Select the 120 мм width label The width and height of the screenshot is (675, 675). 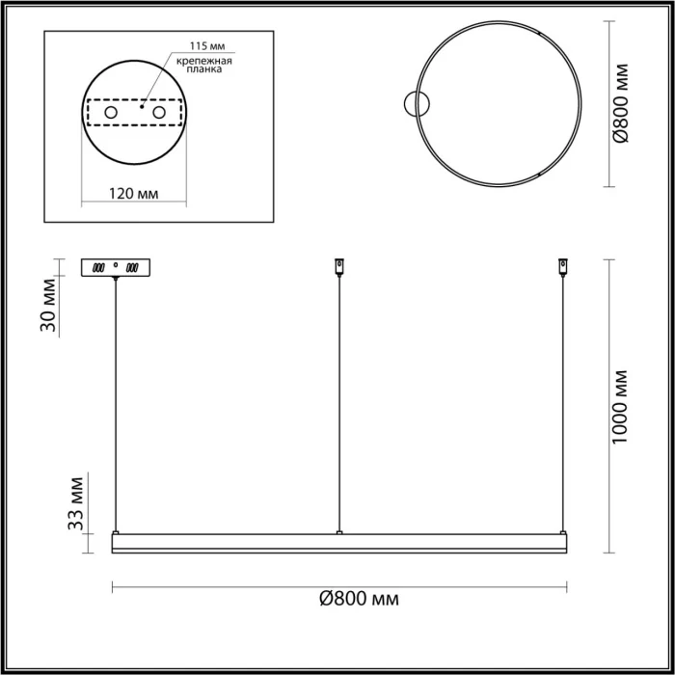(x=133, y=194)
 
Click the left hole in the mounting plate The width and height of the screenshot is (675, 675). (x=110, y=114)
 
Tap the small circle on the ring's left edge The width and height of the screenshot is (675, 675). (x=417, y=103)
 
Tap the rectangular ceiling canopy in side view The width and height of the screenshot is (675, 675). (x=116, y=266)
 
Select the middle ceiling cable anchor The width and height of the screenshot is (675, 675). (x=338, y=264)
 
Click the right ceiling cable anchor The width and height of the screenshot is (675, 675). (x=563, y=264)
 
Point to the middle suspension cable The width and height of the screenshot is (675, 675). (x=338, y=405)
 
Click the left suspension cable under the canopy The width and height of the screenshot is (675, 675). (x=116, y=405)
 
